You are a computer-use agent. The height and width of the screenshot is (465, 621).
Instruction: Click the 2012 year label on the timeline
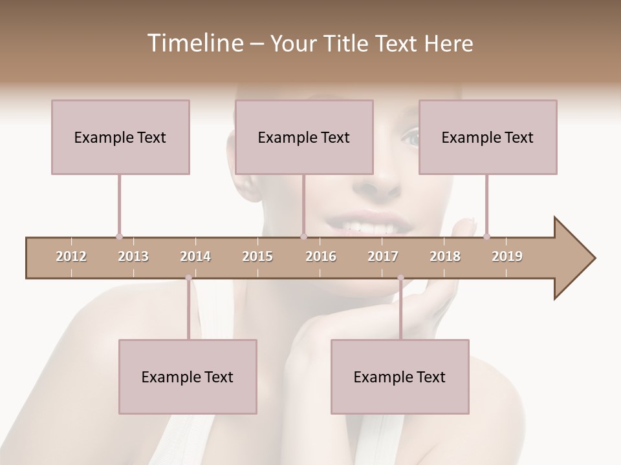71,256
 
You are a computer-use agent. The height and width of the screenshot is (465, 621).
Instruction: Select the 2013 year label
133,256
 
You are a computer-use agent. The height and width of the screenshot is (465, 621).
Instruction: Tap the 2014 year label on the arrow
195,256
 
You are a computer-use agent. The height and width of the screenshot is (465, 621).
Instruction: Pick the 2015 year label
257,256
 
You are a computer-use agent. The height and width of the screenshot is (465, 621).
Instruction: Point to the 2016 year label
321,256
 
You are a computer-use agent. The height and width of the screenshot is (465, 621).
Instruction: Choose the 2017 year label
383,256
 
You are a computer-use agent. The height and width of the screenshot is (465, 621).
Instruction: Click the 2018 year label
445,256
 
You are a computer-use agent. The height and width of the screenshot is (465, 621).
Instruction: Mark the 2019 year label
507,256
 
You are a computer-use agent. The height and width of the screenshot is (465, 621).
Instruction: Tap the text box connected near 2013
120,137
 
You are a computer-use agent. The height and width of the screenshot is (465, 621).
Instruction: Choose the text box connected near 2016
304,137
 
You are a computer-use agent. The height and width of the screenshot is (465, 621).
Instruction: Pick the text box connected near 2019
488,137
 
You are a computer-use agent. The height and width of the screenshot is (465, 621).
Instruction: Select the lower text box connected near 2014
188,377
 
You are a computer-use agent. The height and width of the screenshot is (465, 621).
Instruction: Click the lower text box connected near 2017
400,377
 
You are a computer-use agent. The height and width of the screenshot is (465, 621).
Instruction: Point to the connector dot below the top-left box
119,236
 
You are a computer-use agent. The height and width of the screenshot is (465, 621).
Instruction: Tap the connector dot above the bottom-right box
400,278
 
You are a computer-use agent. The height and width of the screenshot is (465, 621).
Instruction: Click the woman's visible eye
411,136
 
